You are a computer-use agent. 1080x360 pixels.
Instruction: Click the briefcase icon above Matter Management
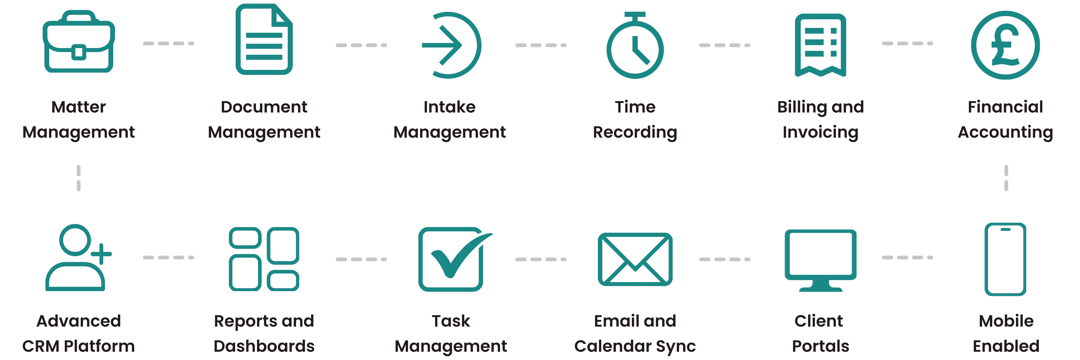[x=79, y=42]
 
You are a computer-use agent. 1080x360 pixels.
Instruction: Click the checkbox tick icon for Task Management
[x=453, y=259]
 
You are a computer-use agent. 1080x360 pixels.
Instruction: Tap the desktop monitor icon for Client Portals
[x=820, y=260]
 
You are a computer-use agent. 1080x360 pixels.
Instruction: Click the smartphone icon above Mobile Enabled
[x=1005, y=259]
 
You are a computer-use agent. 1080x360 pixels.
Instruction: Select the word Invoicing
[x=820, y=132]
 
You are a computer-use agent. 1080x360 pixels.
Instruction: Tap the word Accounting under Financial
[x=1005, y=132]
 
